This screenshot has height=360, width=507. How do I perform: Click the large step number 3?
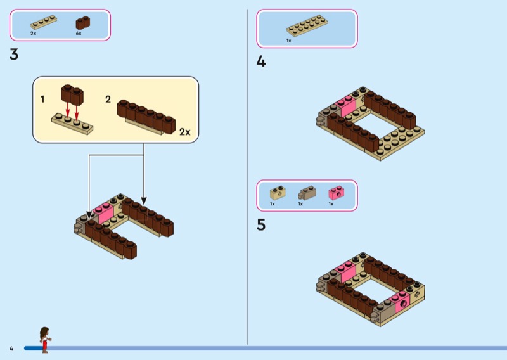tap(14, 55)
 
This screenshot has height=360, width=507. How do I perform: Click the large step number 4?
tap(261, 61)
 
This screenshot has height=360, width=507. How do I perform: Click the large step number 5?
tap(261, 225)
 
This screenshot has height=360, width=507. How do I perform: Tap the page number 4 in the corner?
tap(11, 349)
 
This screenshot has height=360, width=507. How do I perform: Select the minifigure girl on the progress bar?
tap(44, 340)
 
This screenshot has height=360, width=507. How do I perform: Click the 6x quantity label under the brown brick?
tap(79, 34)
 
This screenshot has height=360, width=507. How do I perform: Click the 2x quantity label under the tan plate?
tap(34, 34)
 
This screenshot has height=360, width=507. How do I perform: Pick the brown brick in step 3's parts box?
tap(83, 23)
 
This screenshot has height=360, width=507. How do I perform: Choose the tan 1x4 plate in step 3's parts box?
tap(44, 22)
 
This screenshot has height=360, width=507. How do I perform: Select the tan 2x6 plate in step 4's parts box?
tap(307, 25)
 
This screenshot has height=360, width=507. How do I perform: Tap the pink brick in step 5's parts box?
tap(337, 193)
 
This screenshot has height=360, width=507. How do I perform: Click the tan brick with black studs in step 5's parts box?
tap(278, 193)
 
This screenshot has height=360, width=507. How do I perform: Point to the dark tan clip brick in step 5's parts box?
tap(307, 193)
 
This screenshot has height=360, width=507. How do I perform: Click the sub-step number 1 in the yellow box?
tap(42, 100)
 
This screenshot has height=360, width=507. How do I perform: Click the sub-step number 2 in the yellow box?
tap(108, 100)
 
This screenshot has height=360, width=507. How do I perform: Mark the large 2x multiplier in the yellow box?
tap(185, 132)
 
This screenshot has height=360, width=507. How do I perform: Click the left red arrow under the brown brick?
tap(68, 108)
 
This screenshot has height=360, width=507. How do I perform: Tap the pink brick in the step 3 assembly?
tap(104, 213)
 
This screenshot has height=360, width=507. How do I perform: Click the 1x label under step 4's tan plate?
tap(289, 41)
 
